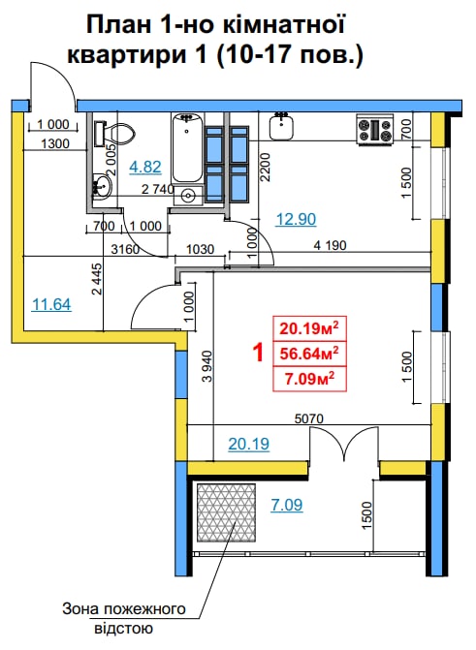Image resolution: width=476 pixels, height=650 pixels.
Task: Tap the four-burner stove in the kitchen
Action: click(x=375, y=130)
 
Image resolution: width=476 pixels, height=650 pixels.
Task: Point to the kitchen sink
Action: click(x=282, y=127)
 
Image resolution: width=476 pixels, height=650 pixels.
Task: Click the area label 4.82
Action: click(x=144, y=167)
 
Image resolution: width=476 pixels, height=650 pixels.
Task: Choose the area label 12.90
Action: click(x=296, y=219)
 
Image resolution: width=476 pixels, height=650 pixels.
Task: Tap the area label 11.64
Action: click(x=51, y=305)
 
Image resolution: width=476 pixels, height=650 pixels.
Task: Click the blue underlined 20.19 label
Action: click(x=249, y=444)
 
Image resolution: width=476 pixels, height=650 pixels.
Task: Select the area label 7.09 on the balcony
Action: click(x=287, y=505)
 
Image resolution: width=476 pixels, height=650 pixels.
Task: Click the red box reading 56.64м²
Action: click(x=309, y=354)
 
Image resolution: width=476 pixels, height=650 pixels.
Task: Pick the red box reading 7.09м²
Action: click(x=309, y=379)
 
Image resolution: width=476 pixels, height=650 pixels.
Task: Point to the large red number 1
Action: click(x=258, y=354)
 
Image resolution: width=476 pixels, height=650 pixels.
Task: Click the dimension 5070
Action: click(x=308, y=418)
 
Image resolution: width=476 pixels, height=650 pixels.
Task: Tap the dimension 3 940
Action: click(x=207, y=366)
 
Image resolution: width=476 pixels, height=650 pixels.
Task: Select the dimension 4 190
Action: click(x=330, y=245)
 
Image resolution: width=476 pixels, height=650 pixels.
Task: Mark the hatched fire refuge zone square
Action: click(x=226, y=512)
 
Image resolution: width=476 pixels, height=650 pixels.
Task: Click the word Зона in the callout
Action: click(x=80, y=609)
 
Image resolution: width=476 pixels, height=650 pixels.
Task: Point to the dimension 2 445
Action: click(x=96, y=279)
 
